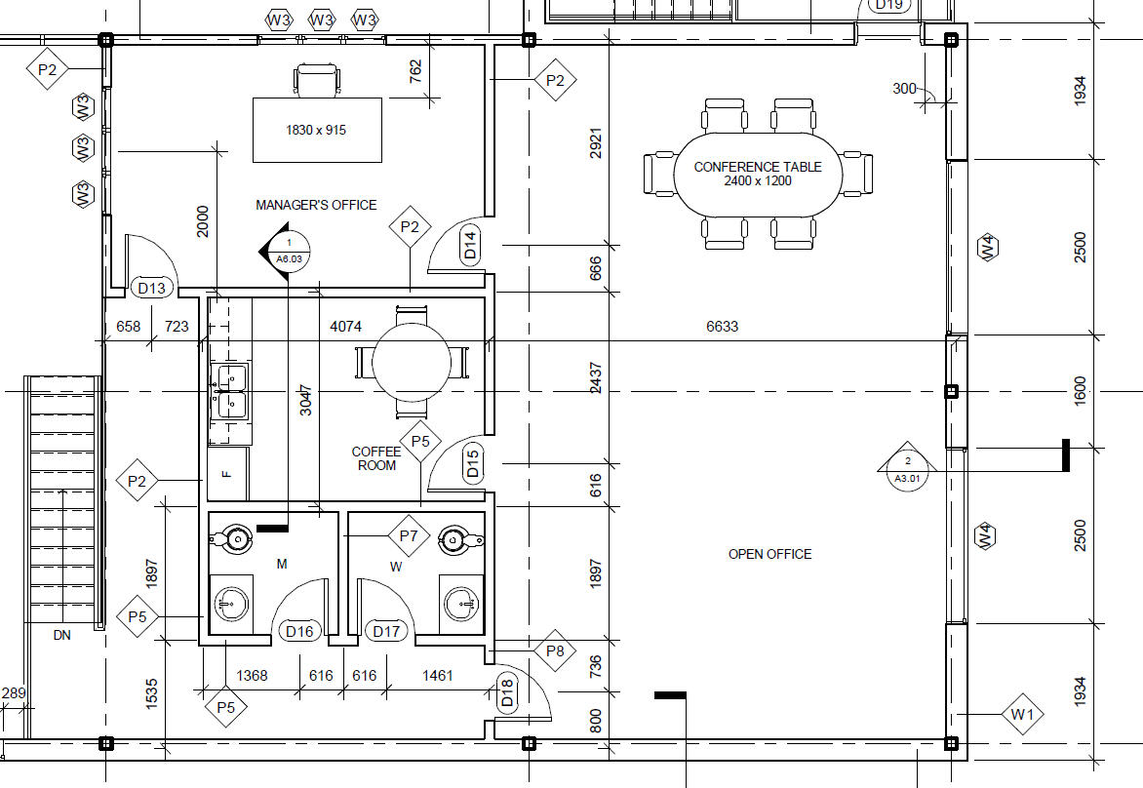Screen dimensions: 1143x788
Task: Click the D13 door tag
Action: tap(151, 288)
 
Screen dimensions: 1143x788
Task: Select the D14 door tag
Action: tap(470, 245)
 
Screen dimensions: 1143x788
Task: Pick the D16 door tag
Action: tap(299, 631)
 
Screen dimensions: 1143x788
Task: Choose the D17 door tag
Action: tap(386, 631)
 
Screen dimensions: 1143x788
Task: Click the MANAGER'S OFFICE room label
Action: tap(316, 206)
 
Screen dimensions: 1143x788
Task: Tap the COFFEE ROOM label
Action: tap(376, 458)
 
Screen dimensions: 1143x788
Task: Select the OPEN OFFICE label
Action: tap(769, 554)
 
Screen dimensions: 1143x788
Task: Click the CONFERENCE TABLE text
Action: tap(758, 167)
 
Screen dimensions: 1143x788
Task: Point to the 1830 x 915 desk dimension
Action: tap(316, 131)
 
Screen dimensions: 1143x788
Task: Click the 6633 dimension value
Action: tap(722, 327)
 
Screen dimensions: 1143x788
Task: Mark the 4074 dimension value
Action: tap(345, 327)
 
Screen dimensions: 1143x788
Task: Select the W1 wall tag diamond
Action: tap(1022, 715)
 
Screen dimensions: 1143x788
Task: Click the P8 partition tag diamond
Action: tap(555, 650)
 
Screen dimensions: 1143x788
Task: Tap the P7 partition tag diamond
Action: tap(409, 536)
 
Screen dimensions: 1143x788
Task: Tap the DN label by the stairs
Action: tap(62, 636)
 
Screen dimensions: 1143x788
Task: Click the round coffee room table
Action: tap(412, 362)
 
